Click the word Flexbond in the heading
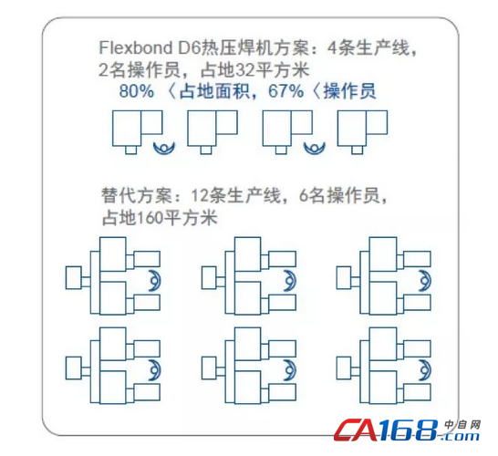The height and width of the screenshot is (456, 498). (136, 48)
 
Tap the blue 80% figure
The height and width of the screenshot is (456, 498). (137, 91)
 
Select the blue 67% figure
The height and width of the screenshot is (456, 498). (285, 91)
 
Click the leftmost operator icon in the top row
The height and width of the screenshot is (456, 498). (164, 148)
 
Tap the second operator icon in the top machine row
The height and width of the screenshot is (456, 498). (315, 148)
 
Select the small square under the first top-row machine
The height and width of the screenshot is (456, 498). (130, 150)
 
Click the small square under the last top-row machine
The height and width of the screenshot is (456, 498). (357, 150)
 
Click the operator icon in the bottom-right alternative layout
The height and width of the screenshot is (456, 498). (427, 370)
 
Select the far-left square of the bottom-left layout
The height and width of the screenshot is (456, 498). (73, 368)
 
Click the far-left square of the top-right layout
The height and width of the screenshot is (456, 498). (344, 278)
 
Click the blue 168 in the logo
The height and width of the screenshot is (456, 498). (409, 430)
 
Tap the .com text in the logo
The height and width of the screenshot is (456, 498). (460, 436)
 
